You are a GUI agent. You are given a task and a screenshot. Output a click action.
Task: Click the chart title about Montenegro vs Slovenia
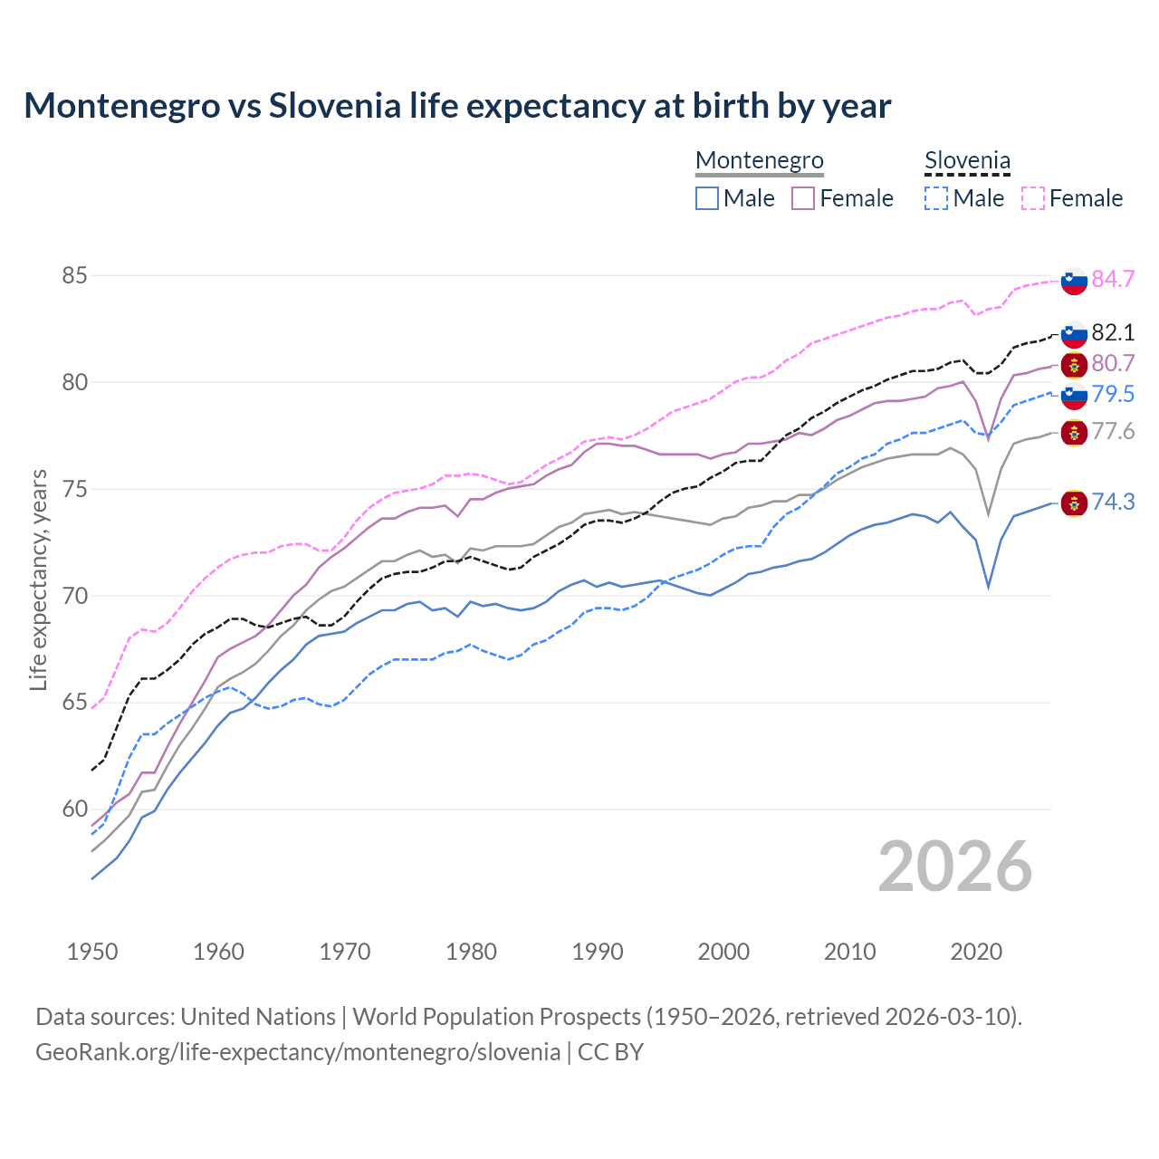(457, 106)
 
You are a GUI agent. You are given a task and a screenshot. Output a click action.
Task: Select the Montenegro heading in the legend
(759, 160)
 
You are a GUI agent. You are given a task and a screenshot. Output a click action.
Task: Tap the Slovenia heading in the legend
(967, 160)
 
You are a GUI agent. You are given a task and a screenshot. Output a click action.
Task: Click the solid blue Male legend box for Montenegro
(707, 198)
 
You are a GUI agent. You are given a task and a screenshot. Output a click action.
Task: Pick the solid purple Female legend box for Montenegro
(803, 198)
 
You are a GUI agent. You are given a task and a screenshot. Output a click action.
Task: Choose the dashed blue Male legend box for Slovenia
(936, 198)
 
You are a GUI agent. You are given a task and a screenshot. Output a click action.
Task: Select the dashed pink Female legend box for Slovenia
(1033, 198)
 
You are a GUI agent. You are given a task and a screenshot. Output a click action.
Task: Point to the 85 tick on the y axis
(74, 275)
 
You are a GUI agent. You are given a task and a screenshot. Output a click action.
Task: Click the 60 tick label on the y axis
(74, 809)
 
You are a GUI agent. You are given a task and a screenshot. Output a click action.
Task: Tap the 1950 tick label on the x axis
(92, 952)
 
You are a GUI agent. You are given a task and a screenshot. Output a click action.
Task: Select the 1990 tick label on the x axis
(598, 952)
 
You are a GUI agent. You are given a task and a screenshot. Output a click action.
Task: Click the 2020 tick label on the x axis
(976, 952)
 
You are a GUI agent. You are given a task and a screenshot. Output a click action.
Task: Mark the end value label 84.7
(1113, 279)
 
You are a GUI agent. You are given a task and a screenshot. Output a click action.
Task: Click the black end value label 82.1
(1113, 332)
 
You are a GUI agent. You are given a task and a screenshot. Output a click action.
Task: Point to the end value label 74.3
(1113, 502)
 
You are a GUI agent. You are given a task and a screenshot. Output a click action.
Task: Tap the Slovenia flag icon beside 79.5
(1074, 395)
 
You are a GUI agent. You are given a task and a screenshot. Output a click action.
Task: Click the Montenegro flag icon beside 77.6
(1074, 432)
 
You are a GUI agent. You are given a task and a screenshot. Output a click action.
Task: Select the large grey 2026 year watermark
(955, 867)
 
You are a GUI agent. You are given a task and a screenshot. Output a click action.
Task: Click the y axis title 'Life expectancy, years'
(38, 579)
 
